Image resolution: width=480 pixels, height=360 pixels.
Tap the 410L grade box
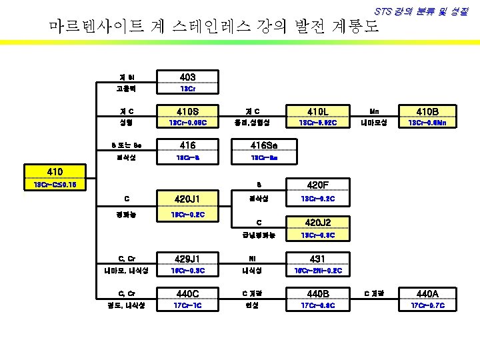(x=313, y=111)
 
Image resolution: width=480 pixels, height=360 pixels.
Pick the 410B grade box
(x=426, y=111)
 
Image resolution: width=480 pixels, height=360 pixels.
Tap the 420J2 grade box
(x=313, y=223)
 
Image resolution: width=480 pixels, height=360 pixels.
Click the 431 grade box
(x=313, y=258)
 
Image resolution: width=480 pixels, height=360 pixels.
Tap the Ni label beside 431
(x=253, y=258)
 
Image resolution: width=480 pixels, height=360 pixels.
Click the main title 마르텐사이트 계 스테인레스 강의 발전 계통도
(x=214, y=27)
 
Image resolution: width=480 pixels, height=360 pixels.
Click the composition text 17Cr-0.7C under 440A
(x=426, y=305)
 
